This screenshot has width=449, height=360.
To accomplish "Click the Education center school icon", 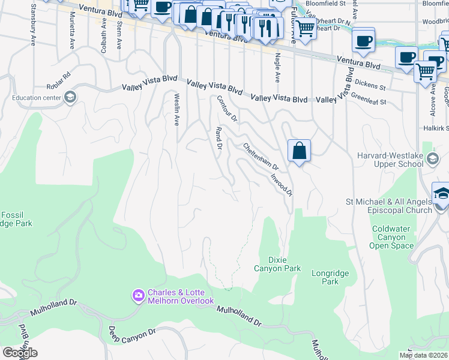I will (x=70, y=98).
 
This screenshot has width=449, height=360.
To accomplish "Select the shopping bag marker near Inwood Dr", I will (x=299, y=151).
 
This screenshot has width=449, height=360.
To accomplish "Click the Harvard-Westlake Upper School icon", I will (x=432, y=159).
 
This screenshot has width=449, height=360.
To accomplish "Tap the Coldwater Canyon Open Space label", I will (x=393, y=237).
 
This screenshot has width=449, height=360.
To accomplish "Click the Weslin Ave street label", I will (x=177, y=109).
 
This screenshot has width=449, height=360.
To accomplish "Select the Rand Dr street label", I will (x=219, y=138).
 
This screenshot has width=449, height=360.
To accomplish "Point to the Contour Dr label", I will (x=228, y=108).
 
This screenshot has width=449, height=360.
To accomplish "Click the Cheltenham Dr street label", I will (x=261, y=156).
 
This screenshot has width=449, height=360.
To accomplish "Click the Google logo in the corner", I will (x=19, y=353).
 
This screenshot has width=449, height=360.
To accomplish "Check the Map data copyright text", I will (x=423, y=355).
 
